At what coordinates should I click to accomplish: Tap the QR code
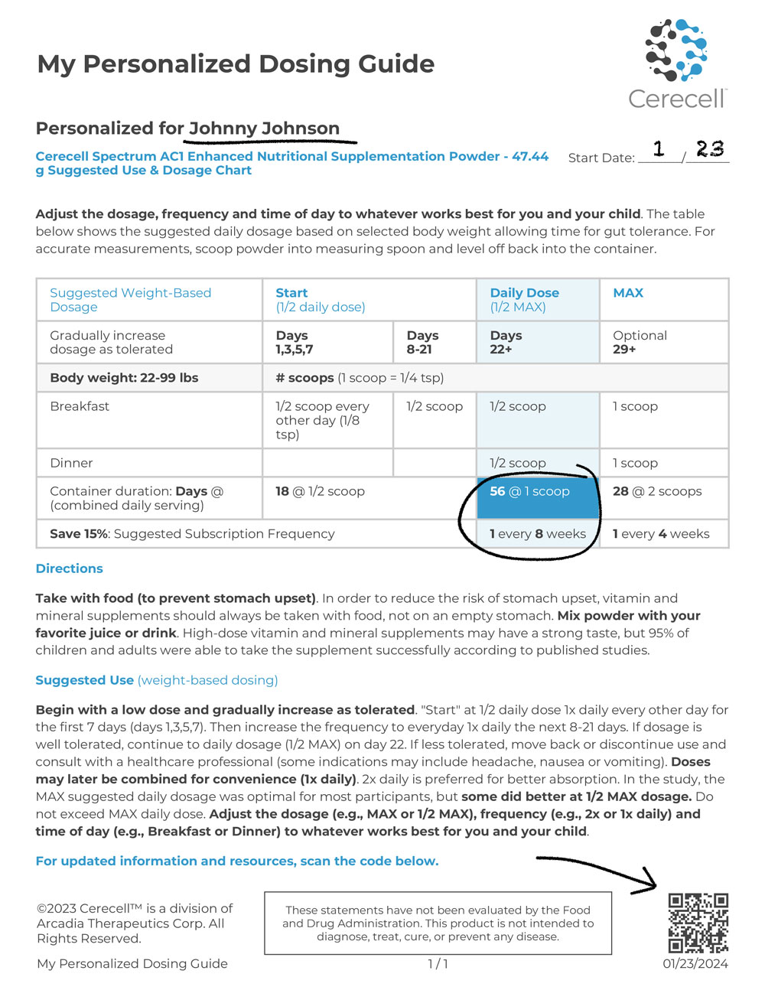click(698, 923)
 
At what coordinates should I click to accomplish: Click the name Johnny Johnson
click(264, 129)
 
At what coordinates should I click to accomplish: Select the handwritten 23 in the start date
click(709, 148)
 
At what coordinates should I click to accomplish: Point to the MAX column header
click(628, 293)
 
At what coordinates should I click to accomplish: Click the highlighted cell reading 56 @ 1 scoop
click(530, 492)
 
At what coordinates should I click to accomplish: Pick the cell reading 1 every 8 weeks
click(538, 534)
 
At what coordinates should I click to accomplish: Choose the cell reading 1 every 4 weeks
click(661, 534)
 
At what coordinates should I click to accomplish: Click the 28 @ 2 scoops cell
click(657, 492)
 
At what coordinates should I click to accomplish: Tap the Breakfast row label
click(80, 406)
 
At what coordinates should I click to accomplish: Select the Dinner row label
click(71, 463)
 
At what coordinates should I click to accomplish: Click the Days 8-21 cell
click(423, 342)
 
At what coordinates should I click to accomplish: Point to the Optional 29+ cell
click(640, 342)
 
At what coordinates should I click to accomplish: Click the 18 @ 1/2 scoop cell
click(320, 492)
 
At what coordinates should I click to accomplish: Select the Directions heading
click(69, 568)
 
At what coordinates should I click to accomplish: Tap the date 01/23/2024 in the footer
click(695, 964)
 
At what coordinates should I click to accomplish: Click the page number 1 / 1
click(438, 964)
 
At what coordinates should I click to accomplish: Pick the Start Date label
click(601, 158)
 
